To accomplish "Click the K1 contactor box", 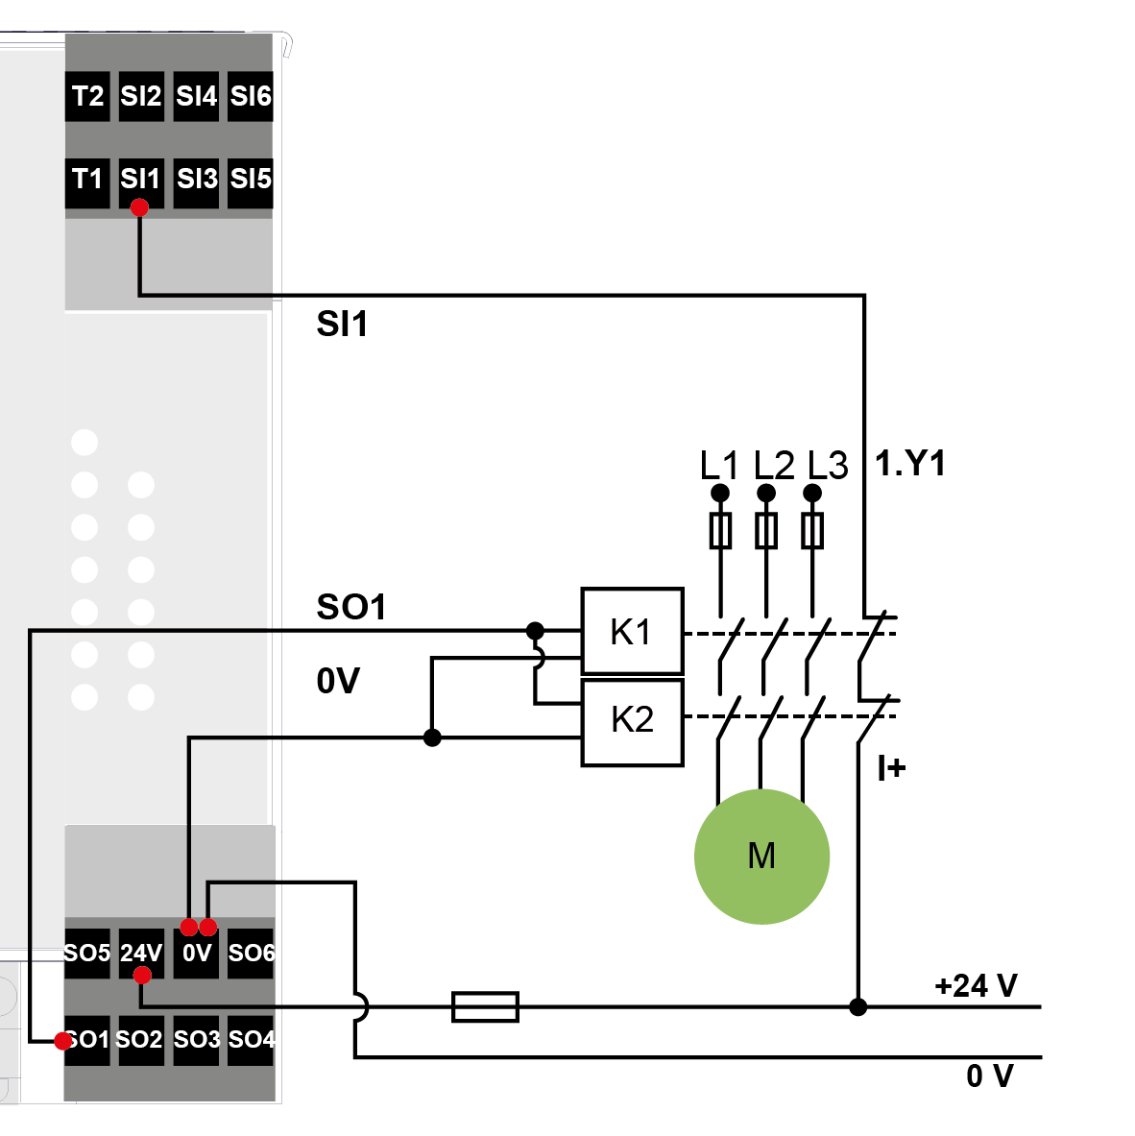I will [632, 631].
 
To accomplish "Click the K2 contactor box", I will [632, 722].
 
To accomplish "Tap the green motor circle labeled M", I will [761, 856].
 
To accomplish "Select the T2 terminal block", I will [87, 96].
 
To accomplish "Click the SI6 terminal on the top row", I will [251, 96].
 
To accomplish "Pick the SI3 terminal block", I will [197, 180].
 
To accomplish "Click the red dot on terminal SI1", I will [139, 207].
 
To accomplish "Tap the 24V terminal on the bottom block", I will [141, 953].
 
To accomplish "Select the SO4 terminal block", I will [251, 1040].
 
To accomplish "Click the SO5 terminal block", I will [87, 953].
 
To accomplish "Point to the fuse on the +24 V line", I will [485, 1006].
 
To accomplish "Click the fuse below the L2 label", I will [765, 531].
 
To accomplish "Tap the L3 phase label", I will [827, 466].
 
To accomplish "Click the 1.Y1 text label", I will [910, 464].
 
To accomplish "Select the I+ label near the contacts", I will [891, 768].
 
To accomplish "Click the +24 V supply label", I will [975, 986].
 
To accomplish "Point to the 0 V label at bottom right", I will [989, 1076].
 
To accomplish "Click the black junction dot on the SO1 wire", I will [535, 631].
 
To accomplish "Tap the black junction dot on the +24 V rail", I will [858, 1006].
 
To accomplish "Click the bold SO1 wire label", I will [351, 607].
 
